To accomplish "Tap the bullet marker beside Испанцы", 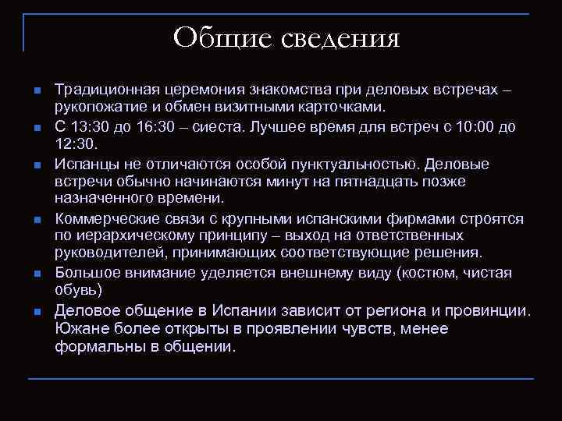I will (x=37, y=165).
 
